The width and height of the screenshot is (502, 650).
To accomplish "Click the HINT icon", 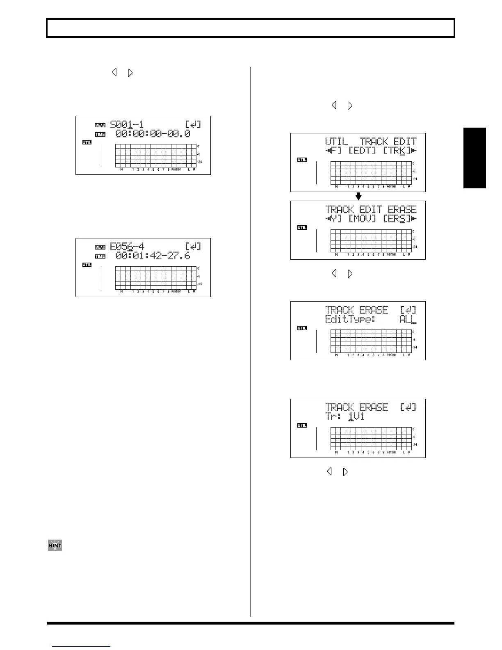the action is (55, 545).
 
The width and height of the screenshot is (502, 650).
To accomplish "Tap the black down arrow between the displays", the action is (358, 196).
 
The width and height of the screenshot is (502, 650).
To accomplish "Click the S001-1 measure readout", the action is (127, 124).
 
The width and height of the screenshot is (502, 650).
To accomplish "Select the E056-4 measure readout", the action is (127, 247).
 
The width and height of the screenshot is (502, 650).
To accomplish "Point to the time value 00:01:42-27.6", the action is (153, 256).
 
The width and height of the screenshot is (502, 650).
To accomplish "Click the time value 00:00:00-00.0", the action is (153, 134).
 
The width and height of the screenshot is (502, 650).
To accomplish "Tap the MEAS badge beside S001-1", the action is (100, 125).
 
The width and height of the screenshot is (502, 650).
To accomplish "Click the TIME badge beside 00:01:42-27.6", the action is (100, 256).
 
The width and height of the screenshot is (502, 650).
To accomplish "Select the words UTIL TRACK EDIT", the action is (371, 142).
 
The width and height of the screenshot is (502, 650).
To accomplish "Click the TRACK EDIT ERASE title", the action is (371, 210).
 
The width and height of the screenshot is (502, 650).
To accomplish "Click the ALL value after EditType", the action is (407, 319).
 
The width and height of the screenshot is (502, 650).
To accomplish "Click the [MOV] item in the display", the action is (362, 219).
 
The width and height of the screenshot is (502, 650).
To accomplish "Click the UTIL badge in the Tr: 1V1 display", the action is (302, 426).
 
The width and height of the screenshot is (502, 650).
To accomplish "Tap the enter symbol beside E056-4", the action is (193, 247).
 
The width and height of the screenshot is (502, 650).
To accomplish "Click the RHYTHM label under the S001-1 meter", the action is (176, 169).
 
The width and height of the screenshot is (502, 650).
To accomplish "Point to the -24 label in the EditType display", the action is (415, 347).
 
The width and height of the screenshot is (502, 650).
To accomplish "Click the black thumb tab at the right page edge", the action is (475, 158).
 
